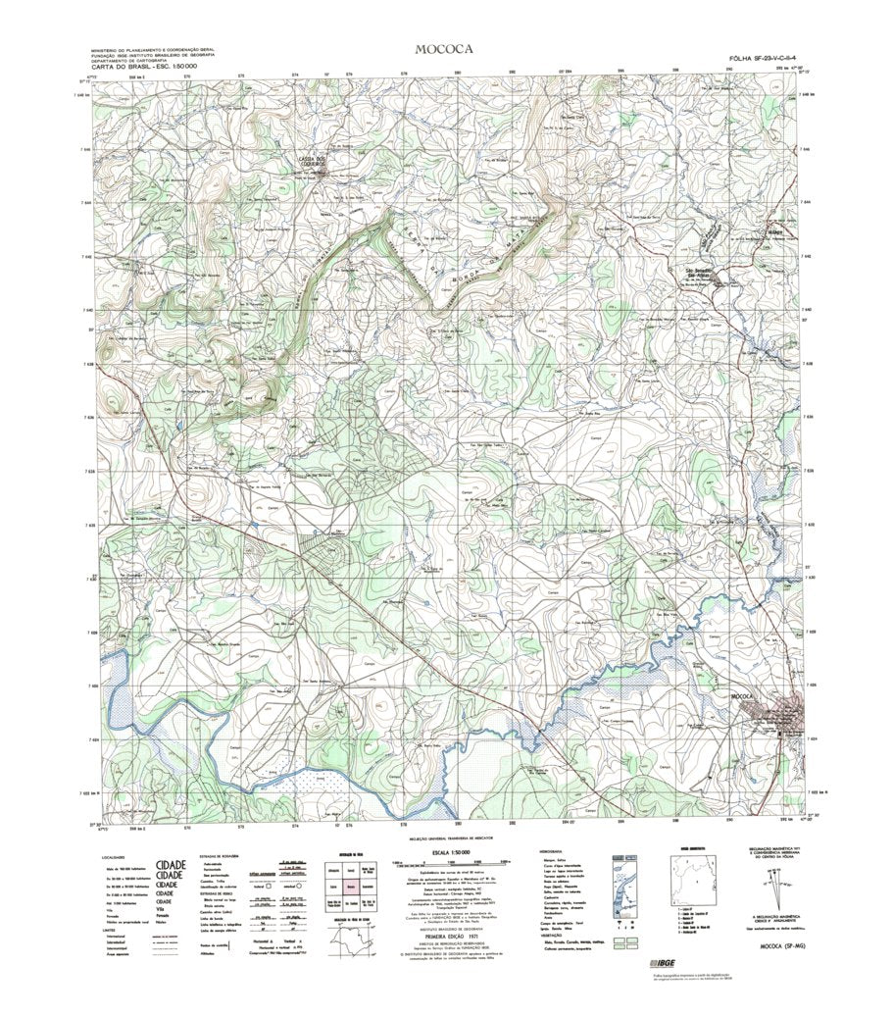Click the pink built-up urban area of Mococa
790,716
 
